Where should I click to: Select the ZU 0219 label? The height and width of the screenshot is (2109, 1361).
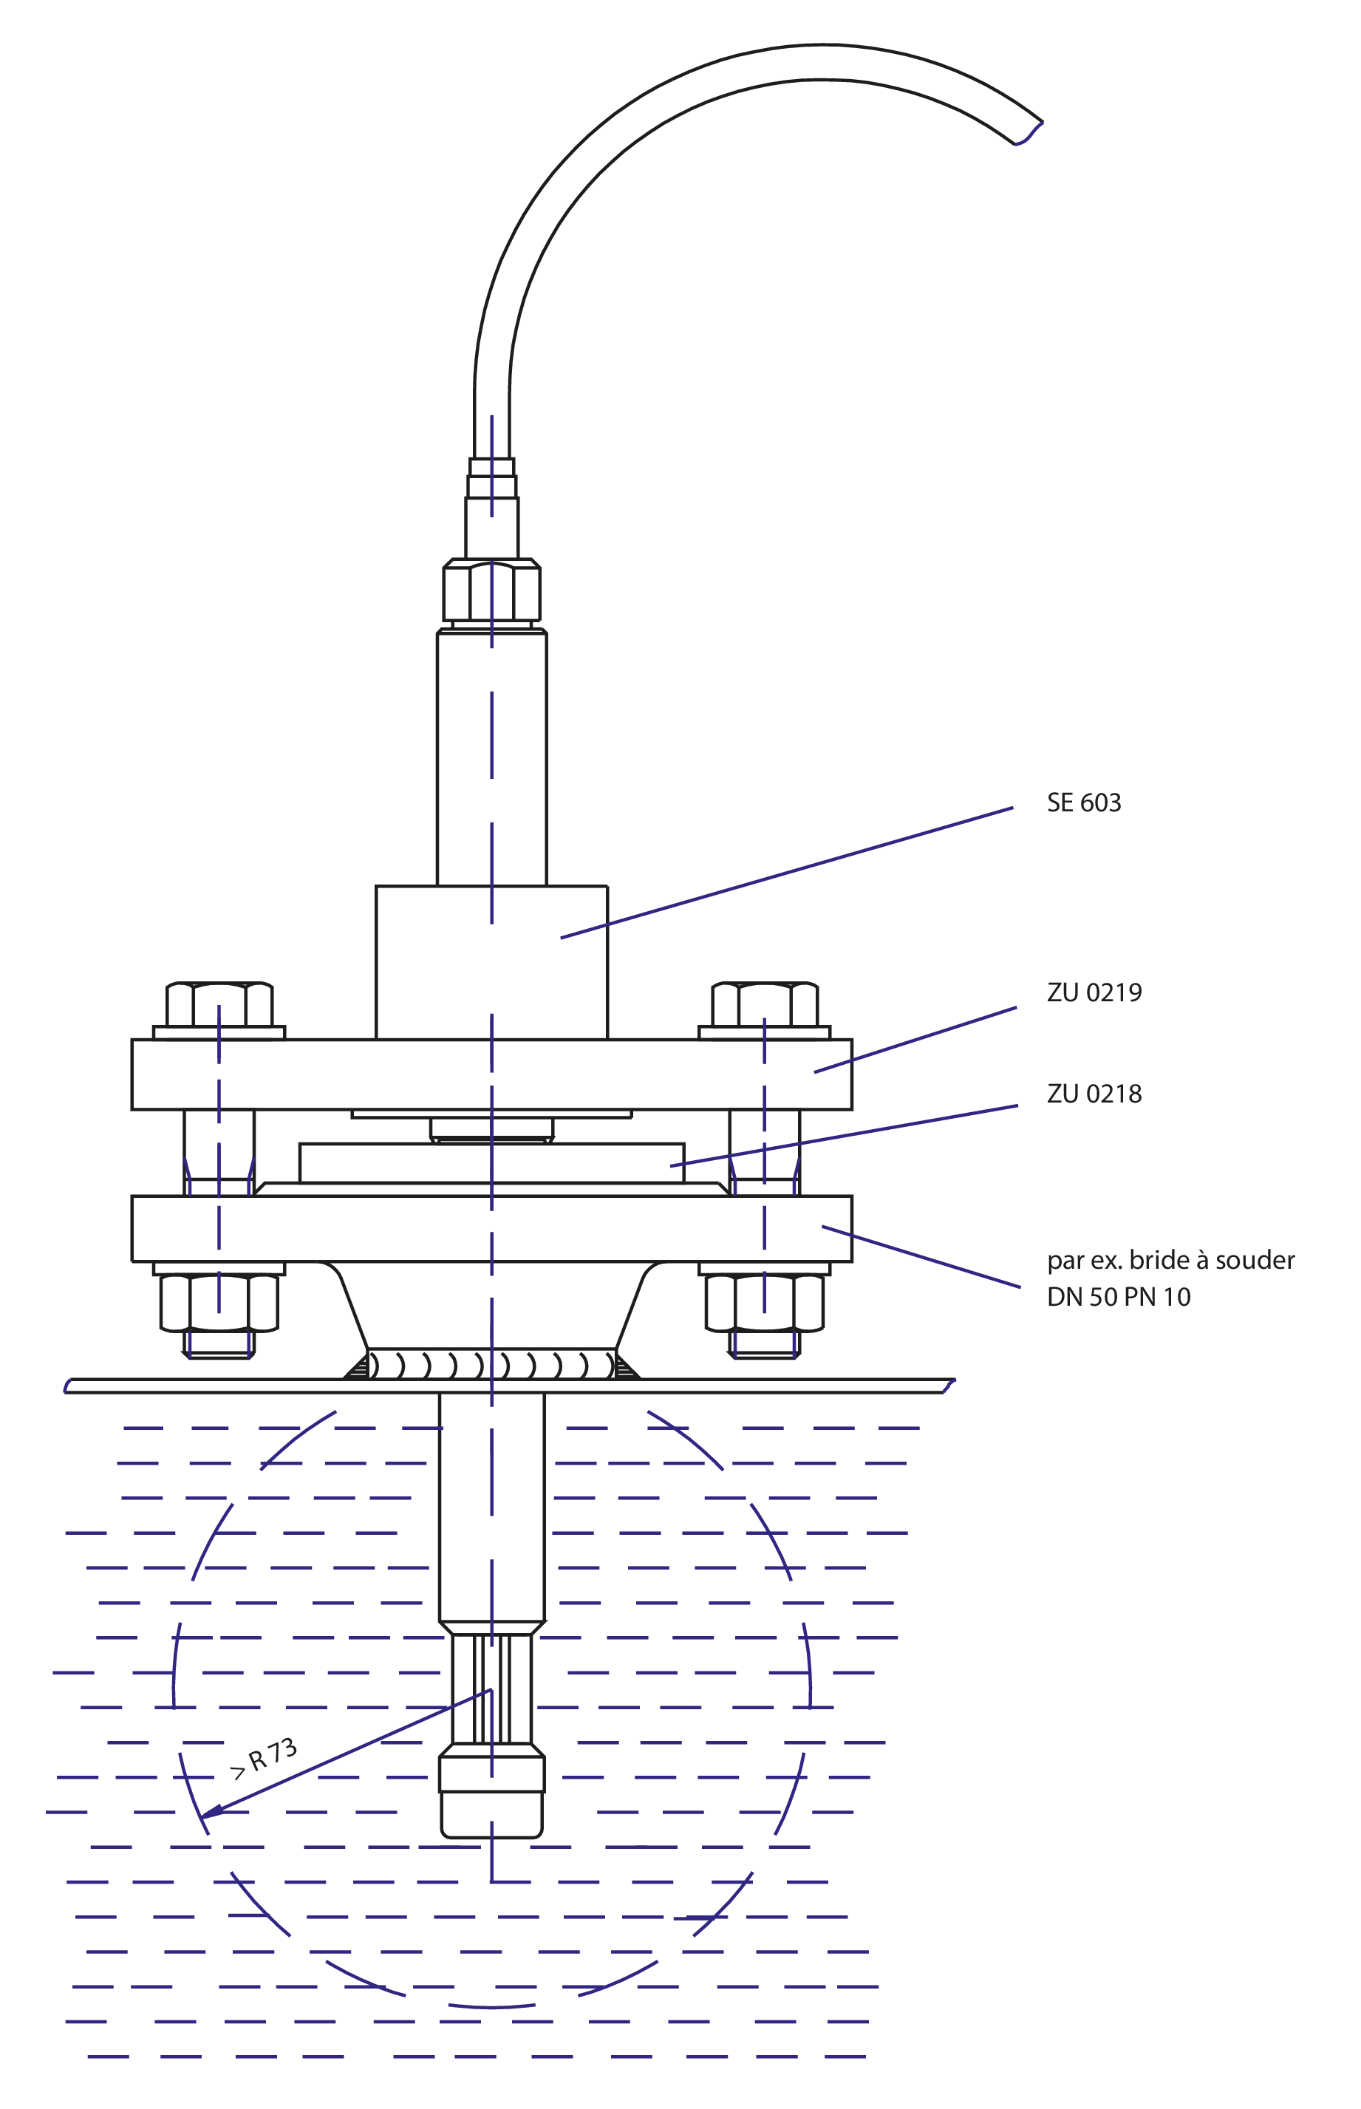click(1094, 992)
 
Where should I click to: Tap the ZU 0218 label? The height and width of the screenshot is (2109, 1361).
click(1094, 1094)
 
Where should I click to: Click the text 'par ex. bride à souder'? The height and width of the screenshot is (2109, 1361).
click(1170, 1261)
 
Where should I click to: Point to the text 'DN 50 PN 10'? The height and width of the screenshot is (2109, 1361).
click(1118, 1298)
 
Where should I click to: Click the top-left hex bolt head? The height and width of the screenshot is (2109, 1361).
click(219, 1004)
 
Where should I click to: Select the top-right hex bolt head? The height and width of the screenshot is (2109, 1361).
click(765, 1004)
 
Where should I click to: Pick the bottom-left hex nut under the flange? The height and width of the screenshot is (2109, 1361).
click(219, 1303)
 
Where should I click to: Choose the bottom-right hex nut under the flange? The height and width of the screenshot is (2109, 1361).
click(765, 1303)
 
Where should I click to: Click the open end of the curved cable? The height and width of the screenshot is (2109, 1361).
click(1029, 132)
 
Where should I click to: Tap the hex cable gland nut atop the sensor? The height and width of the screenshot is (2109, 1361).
click(491, 590)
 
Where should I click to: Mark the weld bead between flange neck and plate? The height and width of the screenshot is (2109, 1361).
click(491, 1366)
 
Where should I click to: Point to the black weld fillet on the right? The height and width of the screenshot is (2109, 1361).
click(626, 1369)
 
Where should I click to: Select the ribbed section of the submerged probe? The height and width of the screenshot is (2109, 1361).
click(491, 1690)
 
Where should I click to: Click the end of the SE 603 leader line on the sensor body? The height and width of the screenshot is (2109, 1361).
click(562, 937)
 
